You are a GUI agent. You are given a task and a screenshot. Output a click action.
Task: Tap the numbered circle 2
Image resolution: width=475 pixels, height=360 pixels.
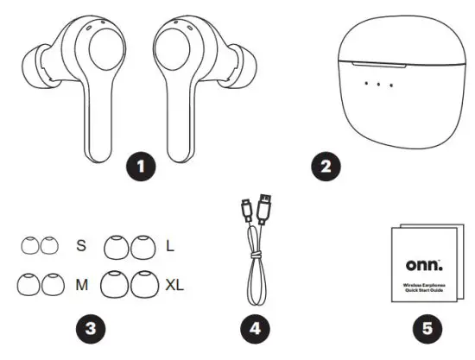326,164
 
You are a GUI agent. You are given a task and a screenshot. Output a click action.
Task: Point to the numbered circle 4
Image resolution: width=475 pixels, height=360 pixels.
256,328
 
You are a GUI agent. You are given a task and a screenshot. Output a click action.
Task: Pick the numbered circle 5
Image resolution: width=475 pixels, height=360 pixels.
426,328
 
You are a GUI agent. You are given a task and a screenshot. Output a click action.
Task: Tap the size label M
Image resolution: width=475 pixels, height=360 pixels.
82,282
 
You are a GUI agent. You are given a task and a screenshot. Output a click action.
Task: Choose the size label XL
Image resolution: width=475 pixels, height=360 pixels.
175,282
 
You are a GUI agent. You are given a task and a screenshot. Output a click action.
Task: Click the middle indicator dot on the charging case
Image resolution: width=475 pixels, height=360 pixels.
378,85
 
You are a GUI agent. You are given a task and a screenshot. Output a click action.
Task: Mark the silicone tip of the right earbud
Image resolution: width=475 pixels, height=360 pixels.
249,68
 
